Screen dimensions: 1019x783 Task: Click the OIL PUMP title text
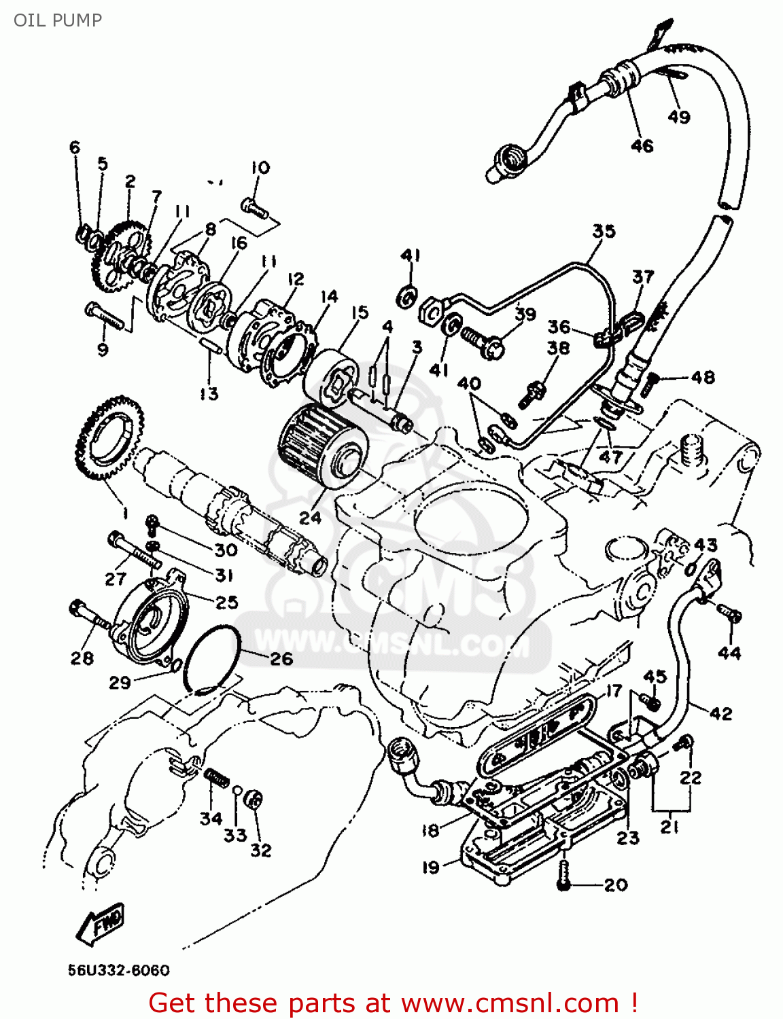click(58, 20)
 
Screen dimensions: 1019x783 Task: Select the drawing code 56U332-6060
click(119, 970)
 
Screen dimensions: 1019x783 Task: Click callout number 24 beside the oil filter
click(310, 518)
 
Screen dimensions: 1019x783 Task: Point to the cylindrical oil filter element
click(323, 445)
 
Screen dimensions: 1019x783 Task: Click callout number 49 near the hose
click(678, 117)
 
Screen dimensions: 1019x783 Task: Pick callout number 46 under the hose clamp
click(642, 145)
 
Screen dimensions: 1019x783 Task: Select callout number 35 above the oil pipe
click(604, 232)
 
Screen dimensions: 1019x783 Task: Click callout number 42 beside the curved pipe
click(720, 713)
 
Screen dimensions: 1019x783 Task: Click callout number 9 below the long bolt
click(103, 349)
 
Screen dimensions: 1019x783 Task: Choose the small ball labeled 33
click(237, 790)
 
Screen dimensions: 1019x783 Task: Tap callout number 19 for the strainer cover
click(431, 868)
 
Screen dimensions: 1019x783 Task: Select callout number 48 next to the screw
click(703, 377)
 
